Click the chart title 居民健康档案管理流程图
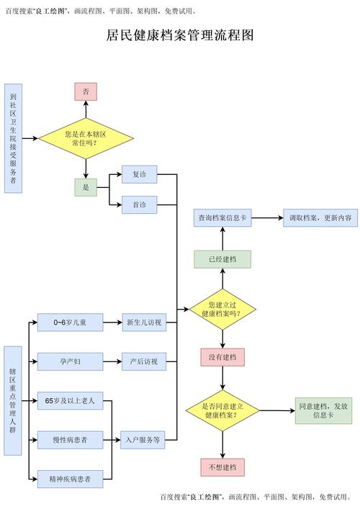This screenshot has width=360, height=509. [179, 35]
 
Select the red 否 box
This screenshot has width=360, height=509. [86, 91]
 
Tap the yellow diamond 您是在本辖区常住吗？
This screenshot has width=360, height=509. [86, 138]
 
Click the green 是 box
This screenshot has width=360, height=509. [86, 187]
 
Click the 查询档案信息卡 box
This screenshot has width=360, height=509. [222, 217]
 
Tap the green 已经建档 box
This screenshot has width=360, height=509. [222, 259]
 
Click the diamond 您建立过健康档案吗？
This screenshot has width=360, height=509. [222, 309]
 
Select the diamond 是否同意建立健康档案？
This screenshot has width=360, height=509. [222, 410]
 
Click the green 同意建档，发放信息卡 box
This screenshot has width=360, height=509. [323, 410]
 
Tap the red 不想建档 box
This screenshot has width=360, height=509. [222, 467]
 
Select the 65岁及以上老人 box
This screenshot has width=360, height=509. [70, 400]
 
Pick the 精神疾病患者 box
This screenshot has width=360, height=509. [70, 477]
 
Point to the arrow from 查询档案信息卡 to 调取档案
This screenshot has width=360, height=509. [266, 217]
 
